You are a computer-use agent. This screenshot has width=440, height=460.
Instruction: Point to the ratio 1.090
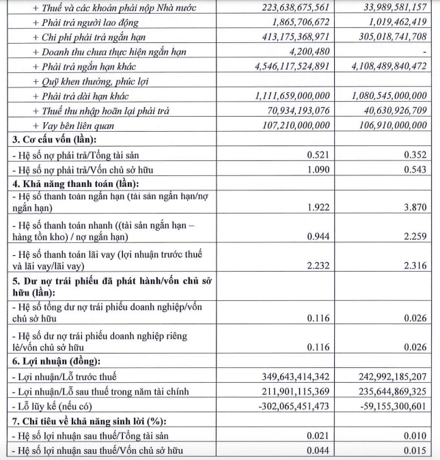coord(318,169)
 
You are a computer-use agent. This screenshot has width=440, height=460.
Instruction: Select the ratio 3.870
coord(413,205)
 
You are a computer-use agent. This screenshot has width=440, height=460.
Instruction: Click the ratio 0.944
coord(318,236)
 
